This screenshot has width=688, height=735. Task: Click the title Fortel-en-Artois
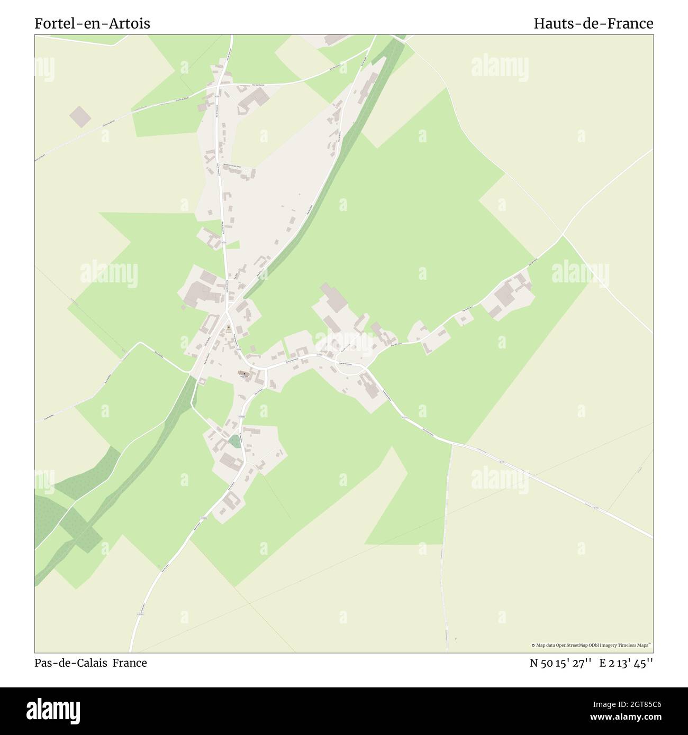92,24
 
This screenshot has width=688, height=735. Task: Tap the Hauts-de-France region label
593,24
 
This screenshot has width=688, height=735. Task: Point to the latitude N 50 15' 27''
560,663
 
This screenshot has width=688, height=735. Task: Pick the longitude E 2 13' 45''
626,663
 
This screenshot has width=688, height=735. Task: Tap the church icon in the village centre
243,374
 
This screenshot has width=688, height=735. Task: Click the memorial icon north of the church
228,328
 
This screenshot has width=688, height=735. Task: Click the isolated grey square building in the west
80,116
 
